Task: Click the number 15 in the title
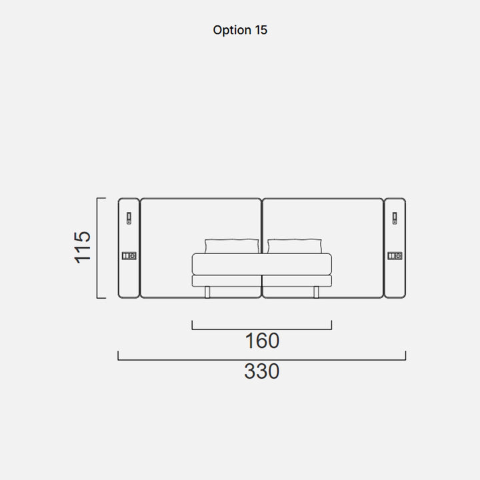click(261, 30)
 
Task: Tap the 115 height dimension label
click(83, 247)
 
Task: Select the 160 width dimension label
click(263, 341)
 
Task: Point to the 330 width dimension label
click(262, 371)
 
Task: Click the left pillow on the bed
click(232, 246)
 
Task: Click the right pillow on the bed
click(295, 246)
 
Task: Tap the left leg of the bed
click(207, 292)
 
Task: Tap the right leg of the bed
click(316, 292)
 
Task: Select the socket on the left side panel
click(129, 255)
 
